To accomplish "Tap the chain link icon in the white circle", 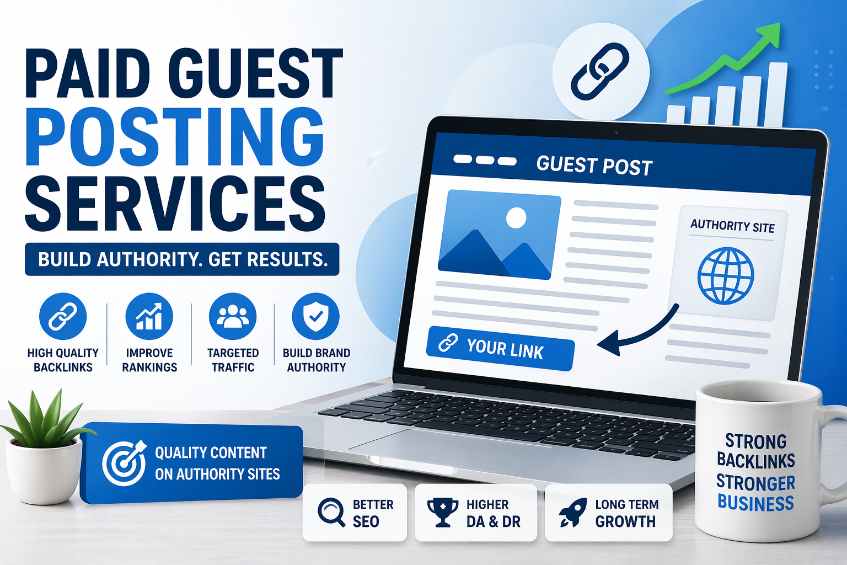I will (x=601, y=71).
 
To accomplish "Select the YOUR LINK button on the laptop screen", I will (x=500, y=348).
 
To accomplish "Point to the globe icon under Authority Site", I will (x=725, y=275).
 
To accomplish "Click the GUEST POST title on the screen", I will (x=594, y=166).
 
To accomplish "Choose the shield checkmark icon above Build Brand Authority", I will (x=316, y=316).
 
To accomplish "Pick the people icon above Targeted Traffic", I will (x=233, y=316).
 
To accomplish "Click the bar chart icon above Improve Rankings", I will (x=149, y=316).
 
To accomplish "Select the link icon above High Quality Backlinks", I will (x=63, y=316).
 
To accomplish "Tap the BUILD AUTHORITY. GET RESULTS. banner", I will (x=182, y=259).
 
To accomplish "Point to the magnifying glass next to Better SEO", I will (x=331, y=512).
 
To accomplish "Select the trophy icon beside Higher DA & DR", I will (x=442, y=512).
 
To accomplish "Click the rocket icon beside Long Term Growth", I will (x=572, y=512).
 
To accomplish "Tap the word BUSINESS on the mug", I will (x=755, y=503).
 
